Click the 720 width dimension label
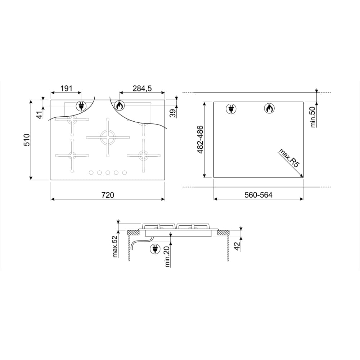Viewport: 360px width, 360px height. pos(108,195)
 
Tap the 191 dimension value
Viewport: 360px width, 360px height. pos(66,89)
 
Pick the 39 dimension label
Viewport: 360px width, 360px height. pos(172,113)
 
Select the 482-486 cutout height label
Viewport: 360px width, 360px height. pos(200,140)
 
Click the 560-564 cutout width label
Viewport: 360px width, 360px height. pos(258,195)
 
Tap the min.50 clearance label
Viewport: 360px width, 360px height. pos(312,117)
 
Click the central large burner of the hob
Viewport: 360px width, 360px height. pos(108,137)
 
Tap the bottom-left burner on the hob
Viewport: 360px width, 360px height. pos(72,156)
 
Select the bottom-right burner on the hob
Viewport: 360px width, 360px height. pos(143,156)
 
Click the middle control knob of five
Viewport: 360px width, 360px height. pos(108,173)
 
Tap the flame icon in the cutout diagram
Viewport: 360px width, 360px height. pos(268,108)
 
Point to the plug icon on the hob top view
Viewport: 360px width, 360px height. pos(81,106)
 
